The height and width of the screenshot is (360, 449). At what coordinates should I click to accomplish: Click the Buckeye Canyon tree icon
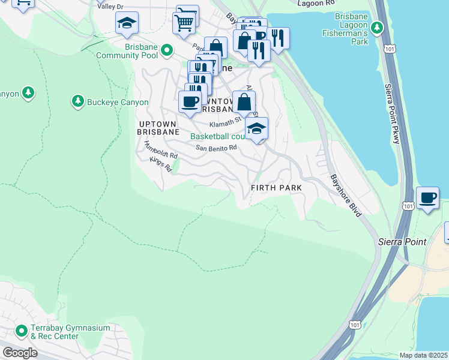77,102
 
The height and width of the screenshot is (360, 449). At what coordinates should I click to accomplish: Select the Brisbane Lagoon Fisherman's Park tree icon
376,27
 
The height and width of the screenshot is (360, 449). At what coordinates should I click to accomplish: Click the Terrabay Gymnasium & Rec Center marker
22,331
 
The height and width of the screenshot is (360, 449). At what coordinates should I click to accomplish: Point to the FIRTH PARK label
276,188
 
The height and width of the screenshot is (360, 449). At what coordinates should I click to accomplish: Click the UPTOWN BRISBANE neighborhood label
155,127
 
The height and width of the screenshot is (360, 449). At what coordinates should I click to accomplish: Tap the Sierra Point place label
402,242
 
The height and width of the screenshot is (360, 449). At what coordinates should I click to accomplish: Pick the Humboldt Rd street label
161,149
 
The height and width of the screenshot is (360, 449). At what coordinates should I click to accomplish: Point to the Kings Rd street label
161,164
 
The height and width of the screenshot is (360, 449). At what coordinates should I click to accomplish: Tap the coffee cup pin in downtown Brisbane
190,101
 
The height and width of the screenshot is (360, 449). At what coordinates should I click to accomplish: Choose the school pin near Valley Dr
127,23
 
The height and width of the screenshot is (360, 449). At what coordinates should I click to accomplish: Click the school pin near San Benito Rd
257,128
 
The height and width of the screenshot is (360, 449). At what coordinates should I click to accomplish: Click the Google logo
20,353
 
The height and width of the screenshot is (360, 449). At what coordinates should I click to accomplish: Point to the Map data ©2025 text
423,355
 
